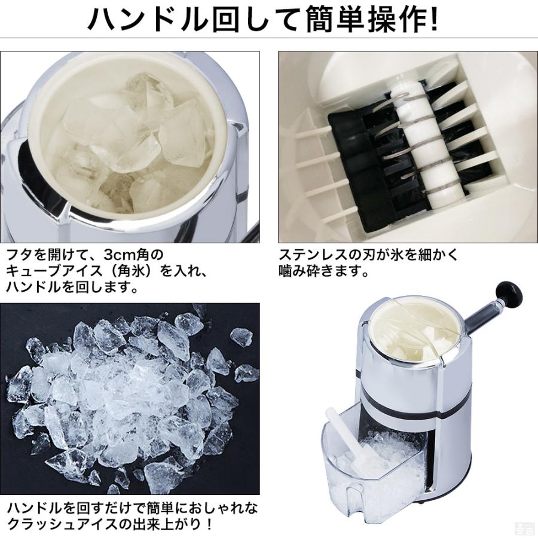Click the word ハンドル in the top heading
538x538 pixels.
149,20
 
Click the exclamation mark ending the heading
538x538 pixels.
432,20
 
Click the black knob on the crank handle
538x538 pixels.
511,294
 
